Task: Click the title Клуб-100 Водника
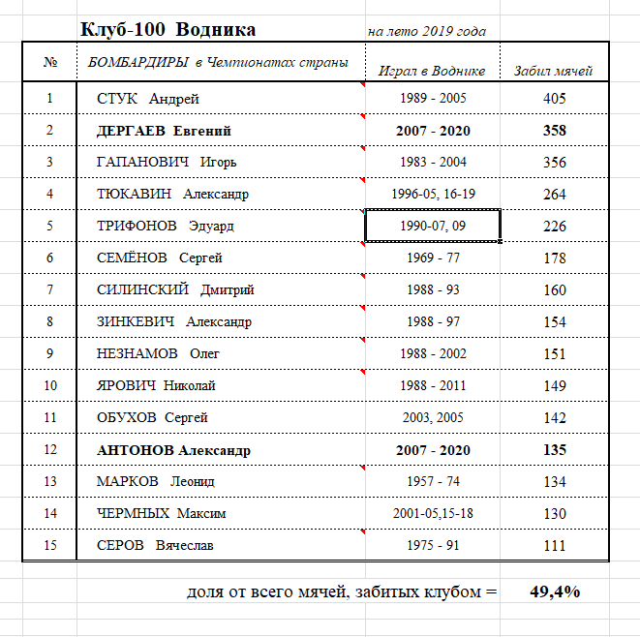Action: click(168, 30)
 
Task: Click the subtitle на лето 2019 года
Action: click(427, 32)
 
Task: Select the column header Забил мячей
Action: click(554, 70)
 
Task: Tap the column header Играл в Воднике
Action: click(432, 71)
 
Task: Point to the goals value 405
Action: click(555, 99)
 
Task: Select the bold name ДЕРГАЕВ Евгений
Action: click(164, 131)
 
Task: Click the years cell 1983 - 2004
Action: click(432, 163)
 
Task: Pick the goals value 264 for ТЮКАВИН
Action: click(555, 195)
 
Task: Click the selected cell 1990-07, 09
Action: click(432, 227)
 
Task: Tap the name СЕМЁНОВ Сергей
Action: click(160, 258)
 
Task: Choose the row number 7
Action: click(49, 289)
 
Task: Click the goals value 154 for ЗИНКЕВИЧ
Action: click(555, 321)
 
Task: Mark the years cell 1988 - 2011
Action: click(432, 385)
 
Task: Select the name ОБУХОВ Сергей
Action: click(152, 418)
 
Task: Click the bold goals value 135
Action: click(555, 450)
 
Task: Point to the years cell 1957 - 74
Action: click(432, 481)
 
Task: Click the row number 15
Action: click(49, 546)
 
